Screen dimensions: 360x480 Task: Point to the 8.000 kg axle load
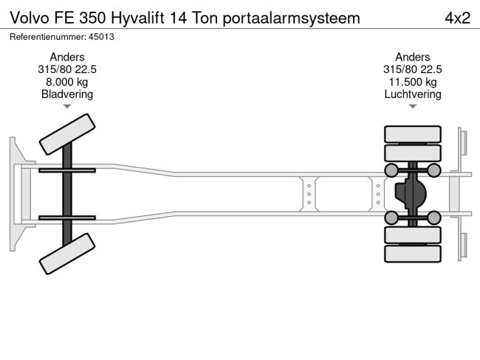[67, 82]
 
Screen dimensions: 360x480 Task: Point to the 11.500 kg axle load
[413, 82]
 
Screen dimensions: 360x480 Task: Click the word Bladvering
[67, 94]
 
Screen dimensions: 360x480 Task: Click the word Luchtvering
[413, 94]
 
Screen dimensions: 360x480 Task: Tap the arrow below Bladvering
[67, 107]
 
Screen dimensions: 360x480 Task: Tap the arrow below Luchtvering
[413, 107]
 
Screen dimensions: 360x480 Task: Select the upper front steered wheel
[66, 135]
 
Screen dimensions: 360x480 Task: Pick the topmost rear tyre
[412, 134]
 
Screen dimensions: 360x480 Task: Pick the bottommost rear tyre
[412, 254]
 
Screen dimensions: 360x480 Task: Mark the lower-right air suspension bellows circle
[434, 217]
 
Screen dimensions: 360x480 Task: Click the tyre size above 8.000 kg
[67, 69]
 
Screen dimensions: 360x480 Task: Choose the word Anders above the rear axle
[413, 57]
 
